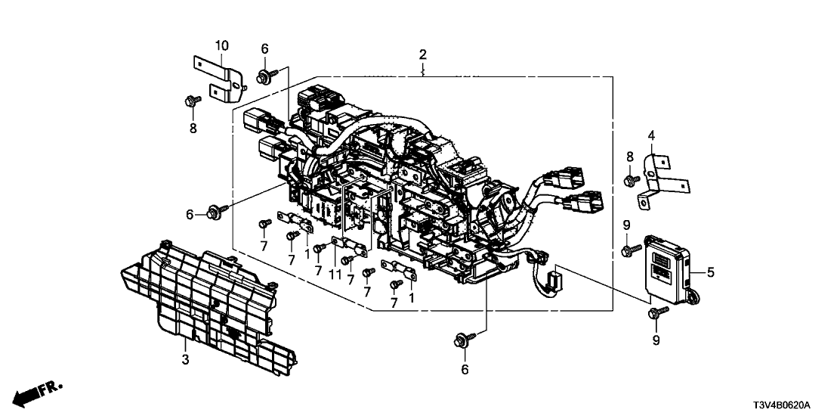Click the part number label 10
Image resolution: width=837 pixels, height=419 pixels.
(221, 46)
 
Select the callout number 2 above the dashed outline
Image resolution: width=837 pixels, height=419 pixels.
(423, 54)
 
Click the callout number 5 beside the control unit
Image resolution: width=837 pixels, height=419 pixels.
(709, 270)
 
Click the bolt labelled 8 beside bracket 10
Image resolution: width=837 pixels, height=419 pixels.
(190, 100)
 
